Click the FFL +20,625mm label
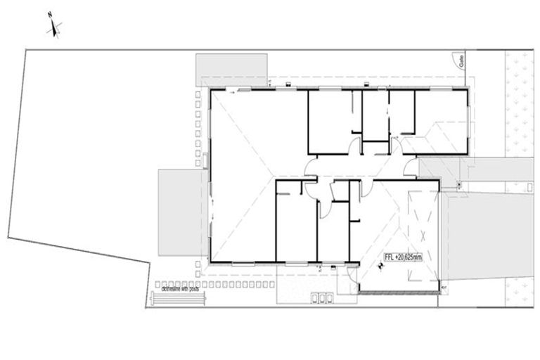click(403, 257)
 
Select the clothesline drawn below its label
click(177, 299)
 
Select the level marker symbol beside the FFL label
click(380, 266)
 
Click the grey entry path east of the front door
click(439, 167)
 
